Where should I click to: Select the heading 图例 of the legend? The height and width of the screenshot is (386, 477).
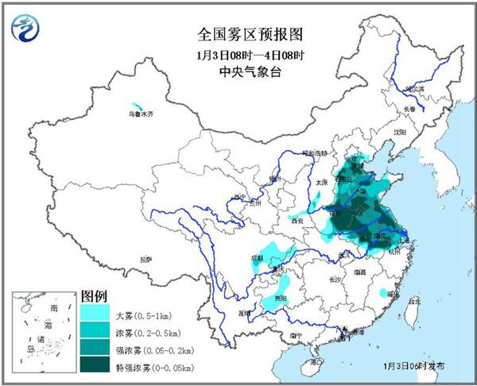(94, 297)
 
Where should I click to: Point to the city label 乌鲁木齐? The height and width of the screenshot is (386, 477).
(140, 116)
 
